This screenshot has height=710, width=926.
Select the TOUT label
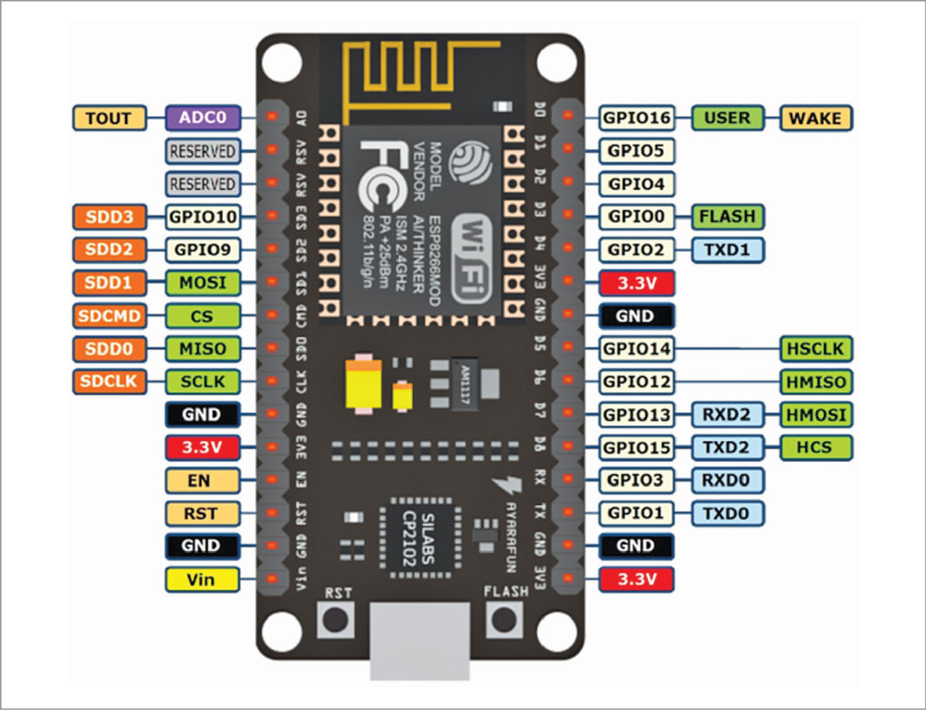pyautogui.click(x=109, y=117)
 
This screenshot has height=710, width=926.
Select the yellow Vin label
pyautogui.click(x=201, y=578)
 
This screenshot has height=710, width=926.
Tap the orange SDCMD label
pyautogui.click(x=109, y=315)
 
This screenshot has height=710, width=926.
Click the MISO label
pyautogui.click(x=201, y=349)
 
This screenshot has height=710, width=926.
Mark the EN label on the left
pyautogui.click(x=201, y=480)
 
